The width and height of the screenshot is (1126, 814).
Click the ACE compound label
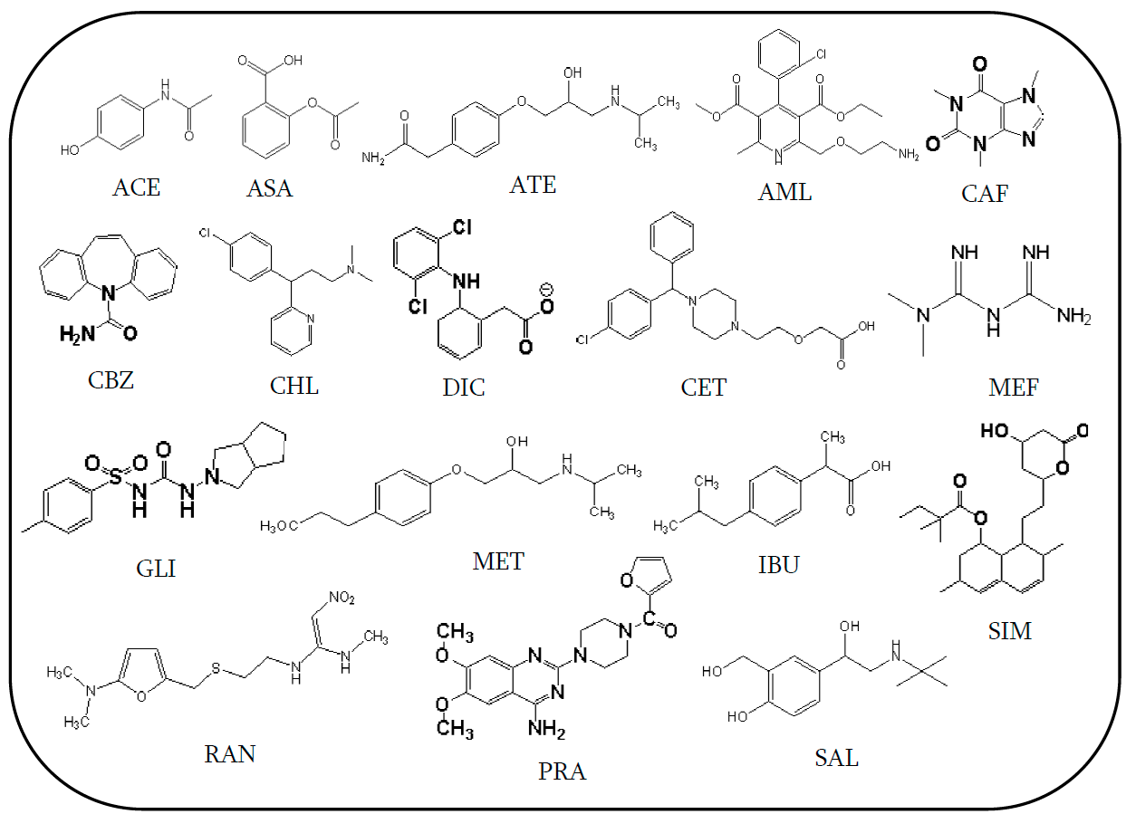136,187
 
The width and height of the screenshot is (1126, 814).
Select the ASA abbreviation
270,189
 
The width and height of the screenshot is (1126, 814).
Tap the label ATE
533,185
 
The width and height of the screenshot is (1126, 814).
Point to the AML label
785,191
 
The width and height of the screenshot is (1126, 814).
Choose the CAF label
985,193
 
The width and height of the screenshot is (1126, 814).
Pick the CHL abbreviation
294,386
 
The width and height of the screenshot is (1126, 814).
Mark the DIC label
463,388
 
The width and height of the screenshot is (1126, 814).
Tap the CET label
703,388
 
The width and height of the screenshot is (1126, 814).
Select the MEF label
1014,388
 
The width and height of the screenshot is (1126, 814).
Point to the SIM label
1010,630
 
